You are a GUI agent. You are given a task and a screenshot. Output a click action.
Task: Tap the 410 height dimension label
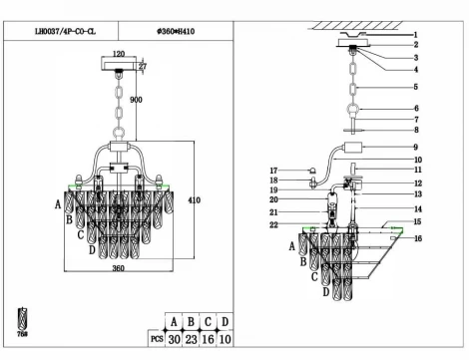pos(195,200)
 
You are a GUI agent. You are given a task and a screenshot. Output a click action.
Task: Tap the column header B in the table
pos(192,322)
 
